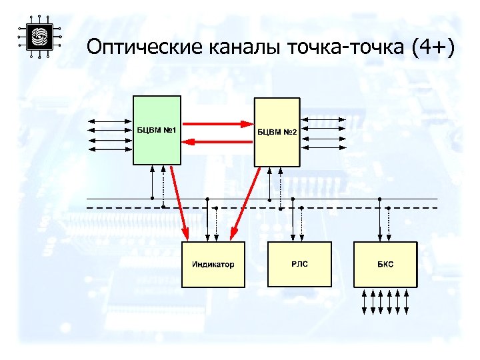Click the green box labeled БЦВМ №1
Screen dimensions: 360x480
[x=157, y=130]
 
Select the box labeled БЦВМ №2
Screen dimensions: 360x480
[x=277, y=131]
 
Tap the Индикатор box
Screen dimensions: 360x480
[x=213, y=264]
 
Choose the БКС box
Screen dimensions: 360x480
[x=385, y=264]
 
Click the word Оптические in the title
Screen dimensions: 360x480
[x=145, y=48]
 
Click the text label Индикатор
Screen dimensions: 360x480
[x=213, y=265]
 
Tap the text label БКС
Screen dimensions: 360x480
[x=385, y=265]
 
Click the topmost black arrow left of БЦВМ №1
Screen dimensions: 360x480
[x=111, y=121]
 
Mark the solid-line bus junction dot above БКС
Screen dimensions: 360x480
[x=379, y=199]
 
